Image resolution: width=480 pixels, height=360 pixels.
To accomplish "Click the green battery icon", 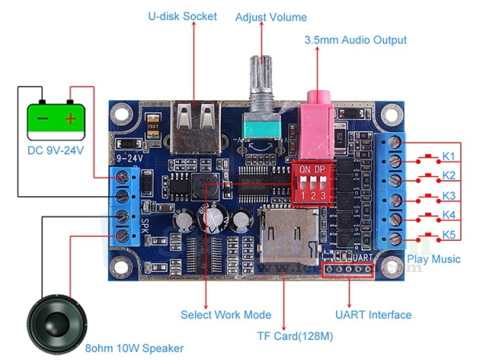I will (56, 118).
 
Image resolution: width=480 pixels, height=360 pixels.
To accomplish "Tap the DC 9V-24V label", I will (55, 150).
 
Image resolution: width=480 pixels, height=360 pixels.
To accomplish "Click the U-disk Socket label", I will (182, 16).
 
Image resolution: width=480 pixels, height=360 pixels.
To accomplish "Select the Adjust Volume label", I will (270, 17).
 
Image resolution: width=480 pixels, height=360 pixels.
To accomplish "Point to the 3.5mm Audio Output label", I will (355, 40).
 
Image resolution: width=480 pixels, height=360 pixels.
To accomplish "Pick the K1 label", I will (449, 155).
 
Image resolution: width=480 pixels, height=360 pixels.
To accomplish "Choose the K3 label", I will (449, 196).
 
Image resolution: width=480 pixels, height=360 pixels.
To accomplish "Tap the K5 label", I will (449, 235).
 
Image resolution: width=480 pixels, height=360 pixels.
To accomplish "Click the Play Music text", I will (434, 259).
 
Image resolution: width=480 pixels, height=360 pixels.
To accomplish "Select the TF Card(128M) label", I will (295, 336).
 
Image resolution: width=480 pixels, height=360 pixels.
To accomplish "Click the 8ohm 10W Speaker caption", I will (134, 348).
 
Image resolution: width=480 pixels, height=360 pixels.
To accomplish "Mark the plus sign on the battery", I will (72, 118).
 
